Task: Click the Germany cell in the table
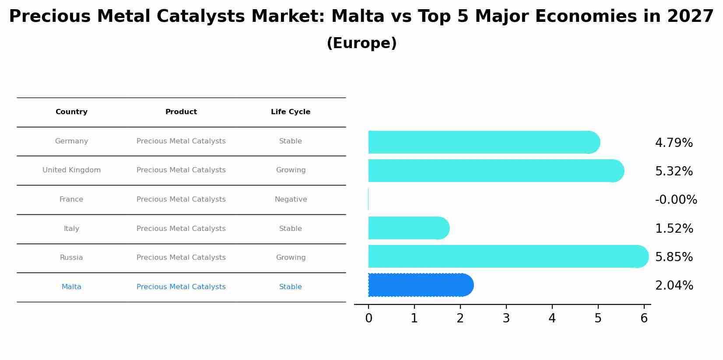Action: coord(71,141)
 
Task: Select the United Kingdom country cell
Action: coord(71,170)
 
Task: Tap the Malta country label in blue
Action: coord(71,287)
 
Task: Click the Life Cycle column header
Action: coord(291,112)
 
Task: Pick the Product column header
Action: coord(181,112)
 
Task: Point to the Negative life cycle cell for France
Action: coord(291,199)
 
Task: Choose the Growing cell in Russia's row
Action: coord(291,258)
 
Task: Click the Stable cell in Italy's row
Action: coord(291,229)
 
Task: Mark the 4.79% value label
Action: coord(674,143)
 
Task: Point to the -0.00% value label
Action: coord(676,200)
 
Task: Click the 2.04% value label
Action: coord(674,286)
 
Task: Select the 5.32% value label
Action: coord(674,171)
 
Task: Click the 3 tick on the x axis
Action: coord(506,318)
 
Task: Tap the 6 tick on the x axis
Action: coord(644,318)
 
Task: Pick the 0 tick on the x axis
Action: coord(369,318)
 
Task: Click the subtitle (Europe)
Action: coord(361,43)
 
